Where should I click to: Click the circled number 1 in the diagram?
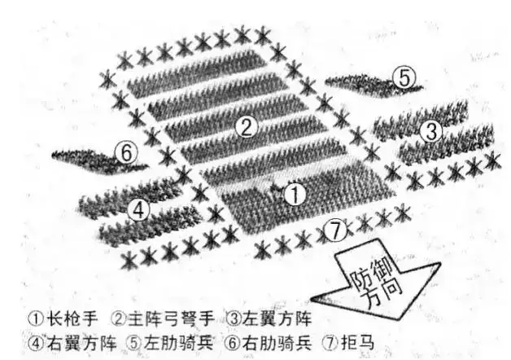click(296, 194)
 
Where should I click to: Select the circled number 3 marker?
click(433, 130)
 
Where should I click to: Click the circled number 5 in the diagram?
click(404, 77)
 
